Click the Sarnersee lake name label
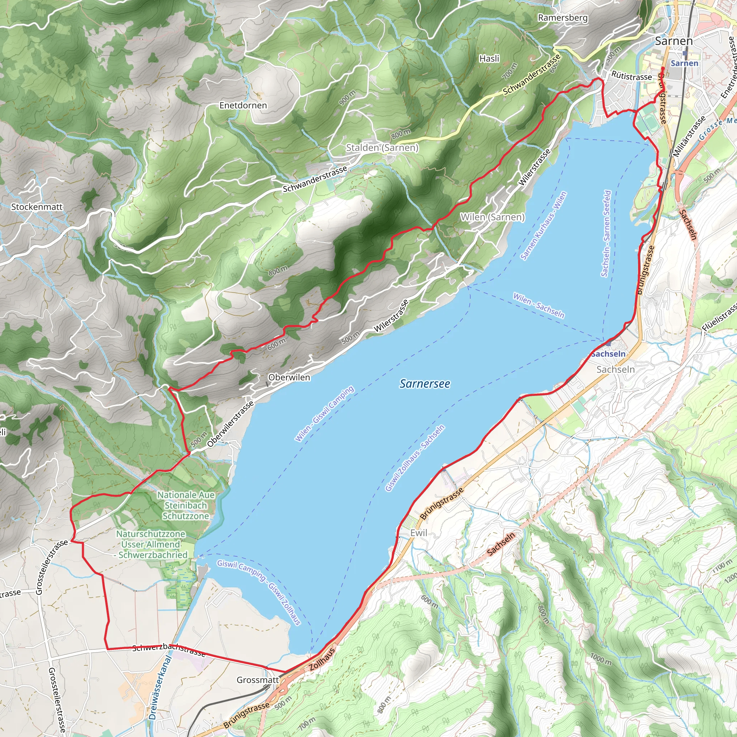(x=425, y=384)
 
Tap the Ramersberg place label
(x=562, y=18)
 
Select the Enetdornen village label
(x=243, y=105)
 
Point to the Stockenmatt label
(x=37, y=207)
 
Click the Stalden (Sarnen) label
(x=382, y=148)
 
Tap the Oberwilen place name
(x=289, y=377)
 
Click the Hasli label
(x=489, y=58)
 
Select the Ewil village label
(x=419, y=533)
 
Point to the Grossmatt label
(x=258, y=680)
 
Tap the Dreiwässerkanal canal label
(x=159, y=687)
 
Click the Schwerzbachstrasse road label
(x=169, y=650)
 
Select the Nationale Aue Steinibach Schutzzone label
(x=186, y=505)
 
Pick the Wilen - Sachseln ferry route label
(x=538, y=305)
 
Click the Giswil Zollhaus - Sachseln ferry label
(x=415, y=458)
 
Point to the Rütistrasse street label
(x=631, y=76)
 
